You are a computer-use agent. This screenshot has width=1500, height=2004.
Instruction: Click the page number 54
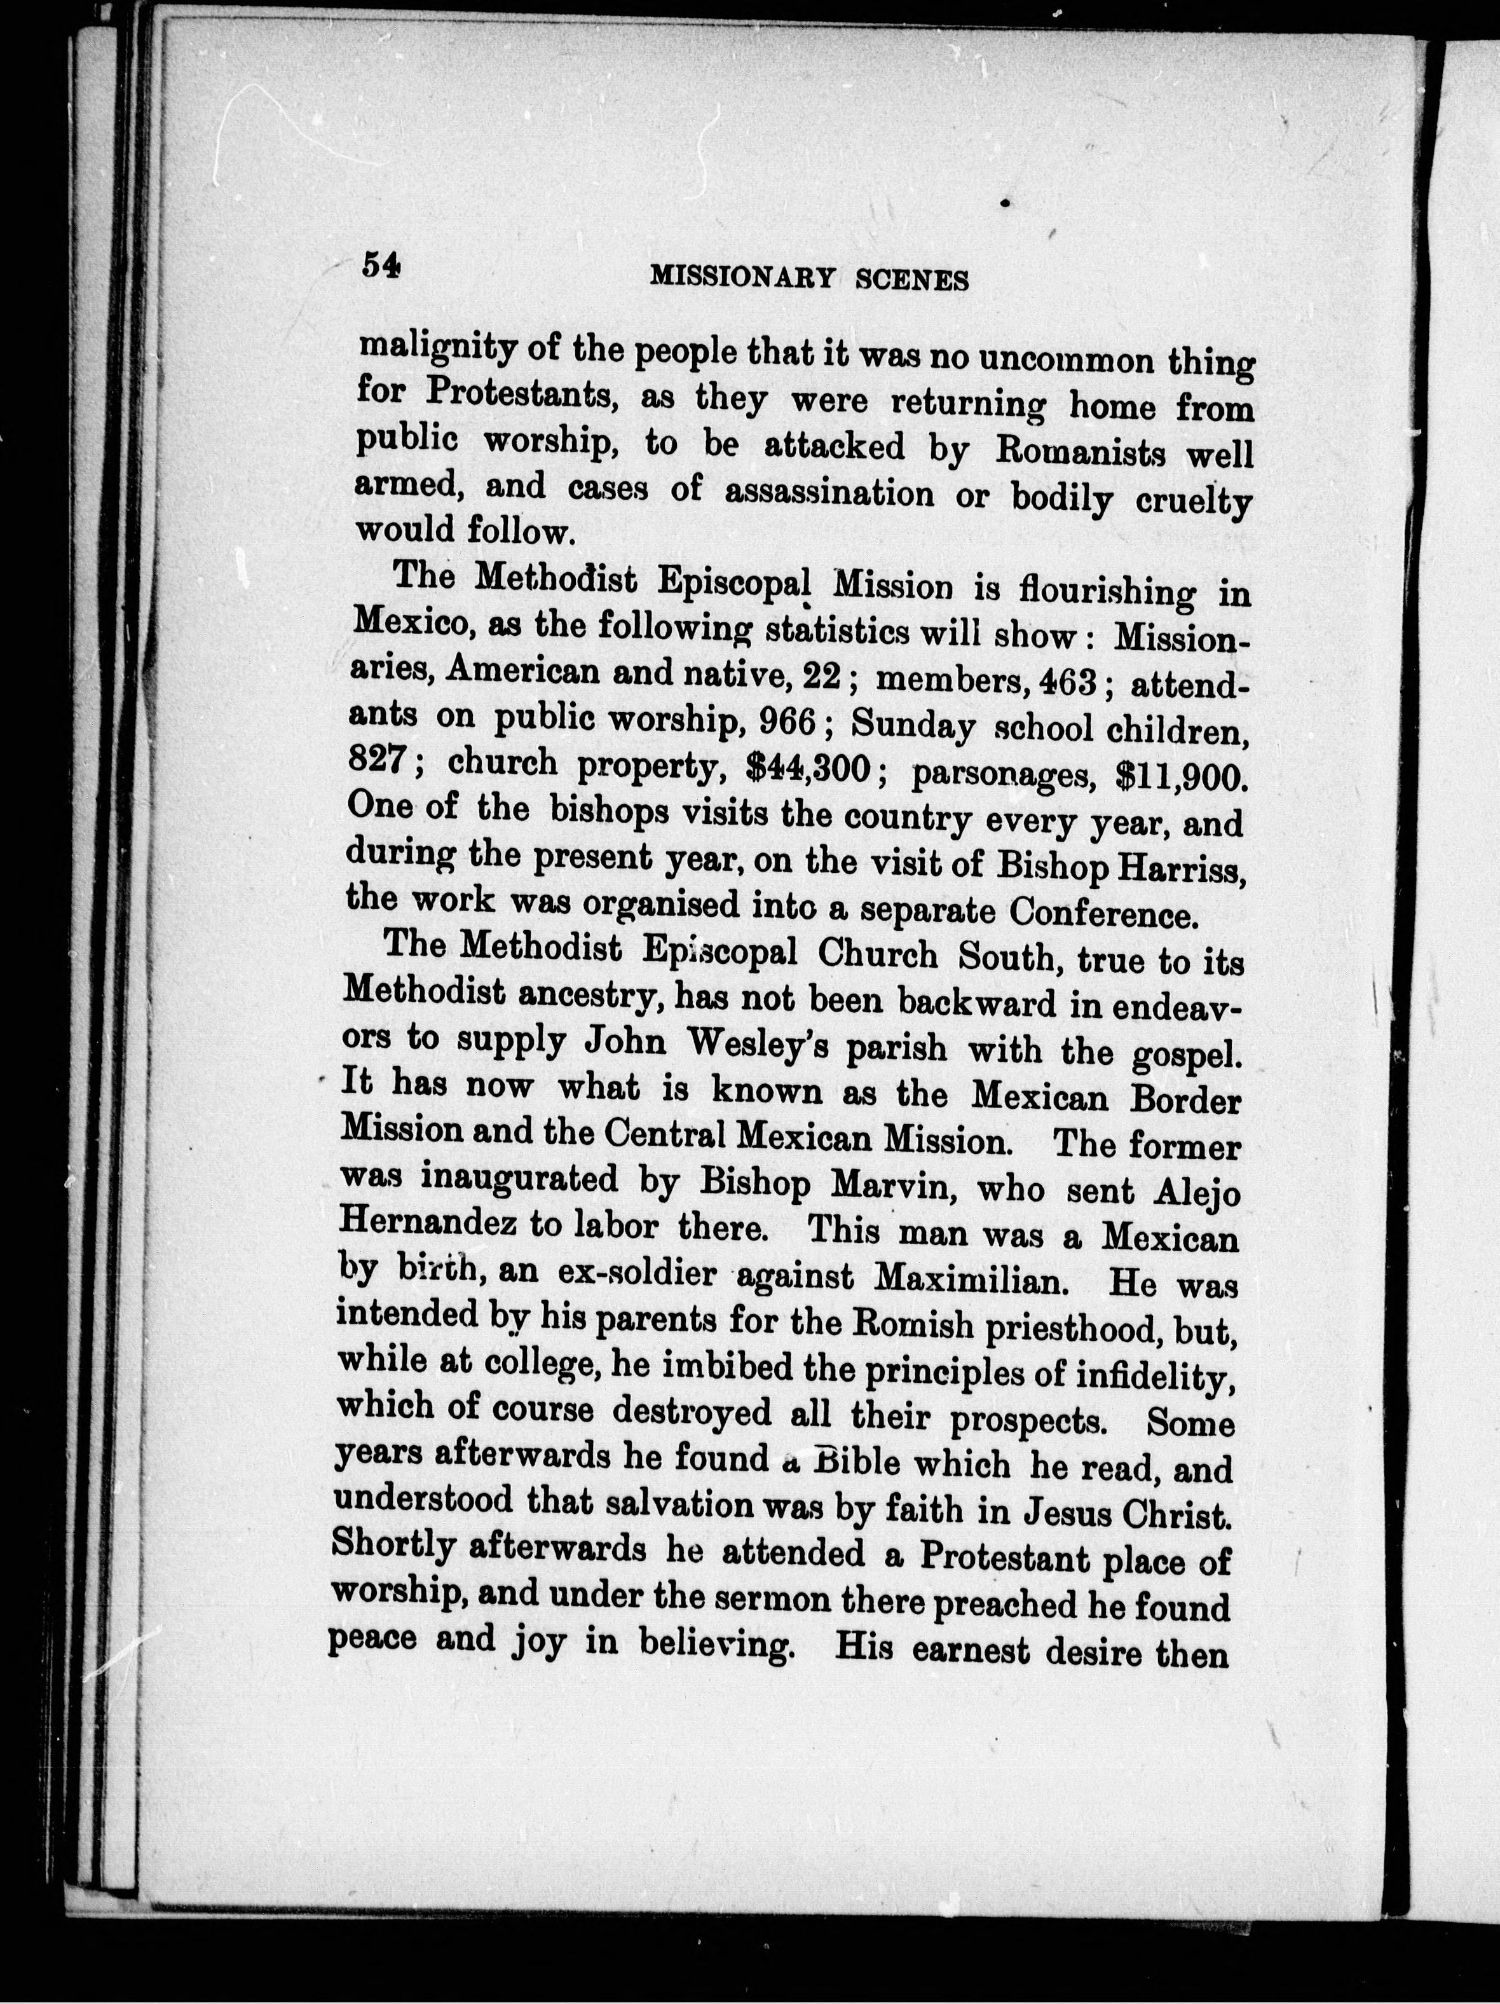[x=381, y=264]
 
